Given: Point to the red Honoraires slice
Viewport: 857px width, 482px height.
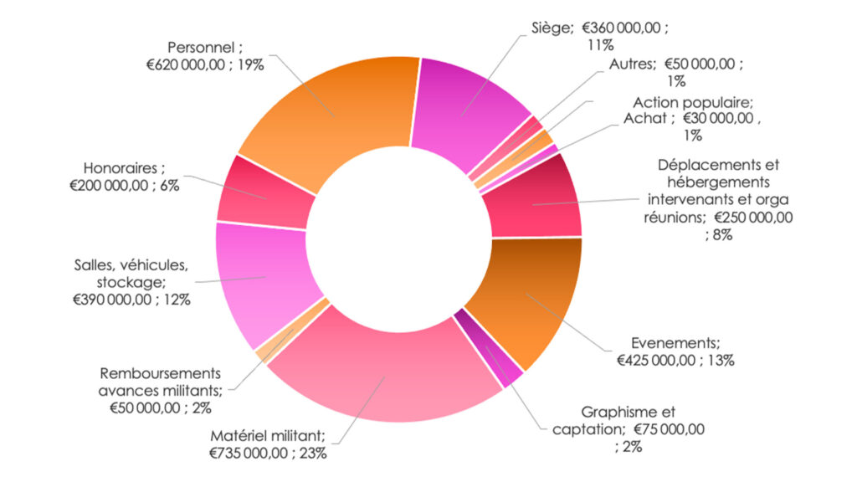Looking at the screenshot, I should point(264,197).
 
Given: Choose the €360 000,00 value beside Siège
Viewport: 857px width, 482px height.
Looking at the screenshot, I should point(623,28).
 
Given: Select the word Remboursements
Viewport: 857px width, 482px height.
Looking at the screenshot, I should point(161,373).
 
